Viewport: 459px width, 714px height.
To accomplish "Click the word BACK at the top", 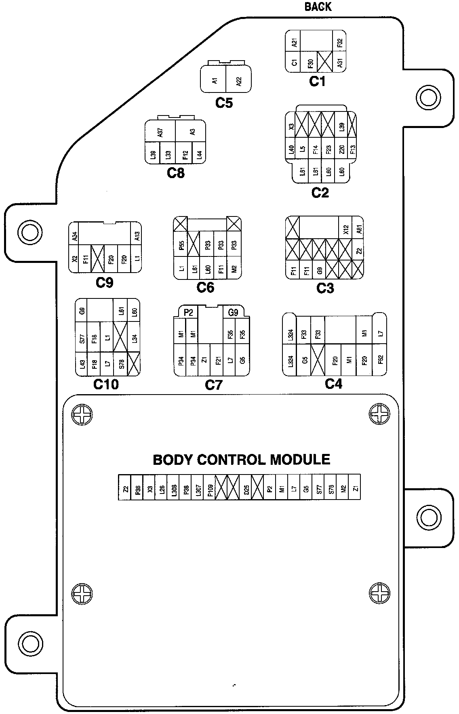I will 318,7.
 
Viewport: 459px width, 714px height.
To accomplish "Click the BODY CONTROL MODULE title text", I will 241,460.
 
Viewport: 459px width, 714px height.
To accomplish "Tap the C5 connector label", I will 224,103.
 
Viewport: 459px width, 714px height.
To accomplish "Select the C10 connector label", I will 106,384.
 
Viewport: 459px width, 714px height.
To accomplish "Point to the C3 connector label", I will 325,288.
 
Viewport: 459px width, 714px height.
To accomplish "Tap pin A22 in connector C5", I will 239,80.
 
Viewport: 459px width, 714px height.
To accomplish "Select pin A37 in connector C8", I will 160,132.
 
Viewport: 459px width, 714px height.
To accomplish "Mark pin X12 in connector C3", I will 345,229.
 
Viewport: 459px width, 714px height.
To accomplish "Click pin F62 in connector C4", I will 380,360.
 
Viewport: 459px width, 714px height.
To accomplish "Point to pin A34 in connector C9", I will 74,237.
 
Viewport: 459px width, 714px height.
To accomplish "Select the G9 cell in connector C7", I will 233,313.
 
